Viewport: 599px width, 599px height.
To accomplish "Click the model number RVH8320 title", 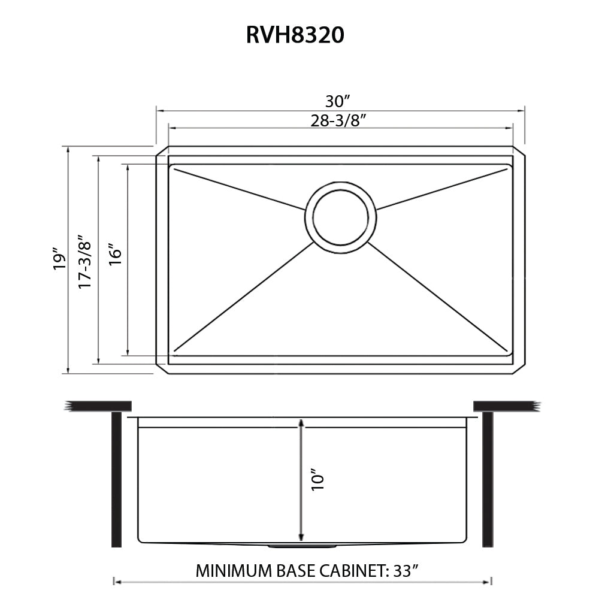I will [295, 35].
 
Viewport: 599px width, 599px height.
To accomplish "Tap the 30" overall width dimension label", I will [341, 101].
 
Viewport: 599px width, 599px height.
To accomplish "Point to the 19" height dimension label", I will [58, 259].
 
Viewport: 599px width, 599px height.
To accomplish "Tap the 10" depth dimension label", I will [317, 480].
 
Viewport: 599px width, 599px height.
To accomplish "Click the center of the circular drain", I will [340, 217].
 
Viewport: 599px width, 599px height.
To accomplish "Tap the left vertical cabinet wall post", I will [116, 479].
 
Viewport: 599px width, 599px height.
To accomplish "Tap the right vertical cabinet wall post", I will [488, 479].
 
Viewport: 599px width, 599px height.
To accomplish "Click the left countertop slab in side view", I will [99, 406].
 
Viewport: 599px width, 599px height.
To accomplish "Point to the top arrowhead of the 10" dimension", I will [301, 423].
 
